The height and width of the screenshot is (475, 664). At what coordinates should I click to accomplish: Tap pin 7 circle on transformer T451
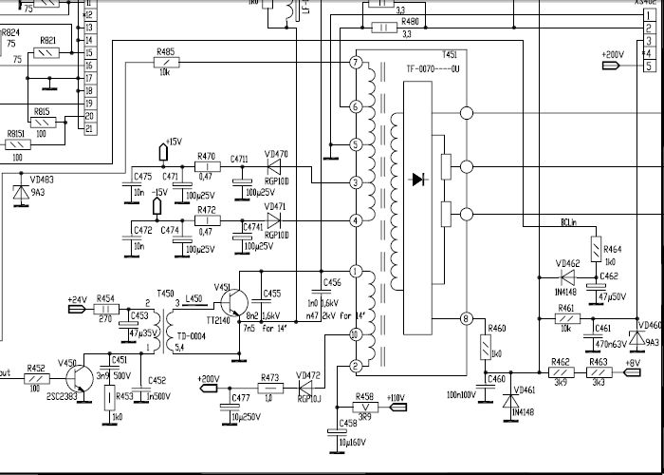click(356, 63)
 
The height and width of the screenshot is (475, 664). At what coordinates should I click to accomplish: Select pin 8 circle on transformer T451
click(465, 319)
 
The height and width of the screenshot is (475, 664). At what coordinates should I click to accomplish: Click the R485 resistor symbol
click(166, 63)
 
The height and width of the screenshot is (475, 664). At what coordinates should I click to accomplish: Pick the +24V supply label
click(76, 299)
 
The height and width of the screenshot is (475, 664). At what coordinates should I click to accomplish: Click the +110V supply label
click(394, 397)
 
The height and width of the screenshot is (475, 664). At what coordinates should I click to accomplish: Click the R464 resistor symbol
click(596, 250)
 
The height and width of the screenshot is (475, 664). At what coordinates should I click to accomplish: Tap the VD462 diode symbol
click(567, 277)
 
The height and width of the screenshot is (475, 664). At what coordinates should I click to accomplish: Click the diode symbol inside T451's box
click(416, 179)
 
